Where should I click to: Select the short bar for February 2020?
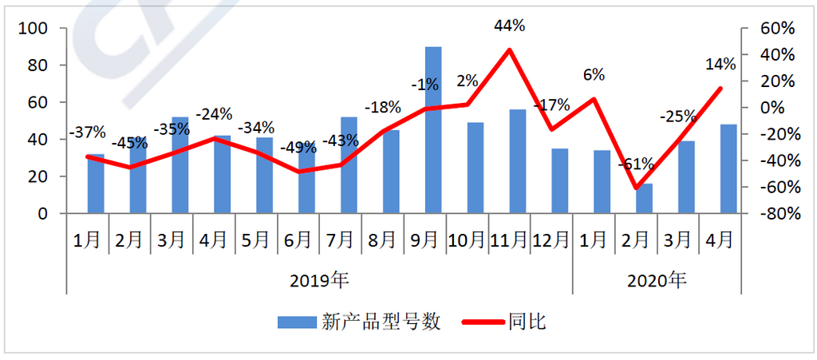click(x=644, y=199)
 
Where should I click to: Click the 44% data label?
click(x=509, y=26)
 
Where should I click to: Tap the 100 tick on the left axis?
click(x=36, y=28)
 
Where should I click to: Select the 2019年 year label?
click(x=320, y=280)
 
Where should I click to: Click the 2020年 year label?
click(x=657, y=280)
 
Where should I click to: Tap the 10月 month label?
click(x=467, y=239)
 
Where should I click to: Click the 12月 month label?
click(x=551, y=239)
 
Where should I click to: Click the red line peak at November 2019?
click(x=509, y=49)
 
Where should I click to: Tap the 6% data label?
click(x=594, y=75)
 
